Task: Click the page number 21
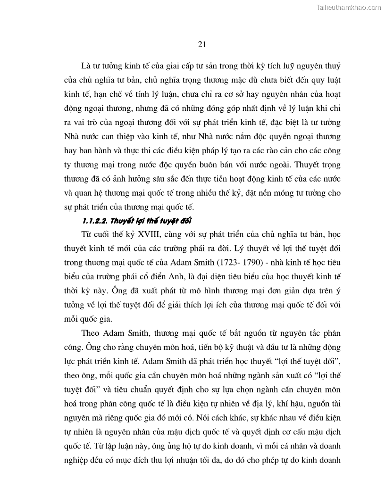point(202,45)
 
